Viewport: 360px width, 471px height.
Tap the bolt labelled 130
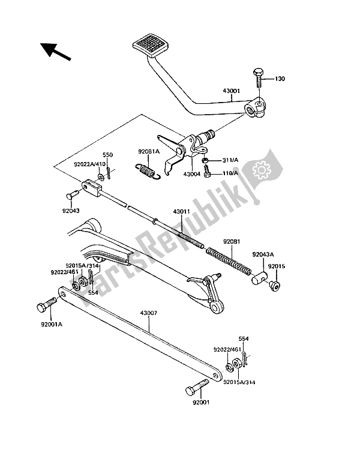coord(259,77)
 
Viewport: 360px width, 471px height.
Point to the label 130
coord(281,79)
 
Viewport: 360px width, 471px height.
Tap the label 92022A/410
coord(89,164)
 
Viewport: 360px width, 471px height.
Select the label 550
coord(107,154)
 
